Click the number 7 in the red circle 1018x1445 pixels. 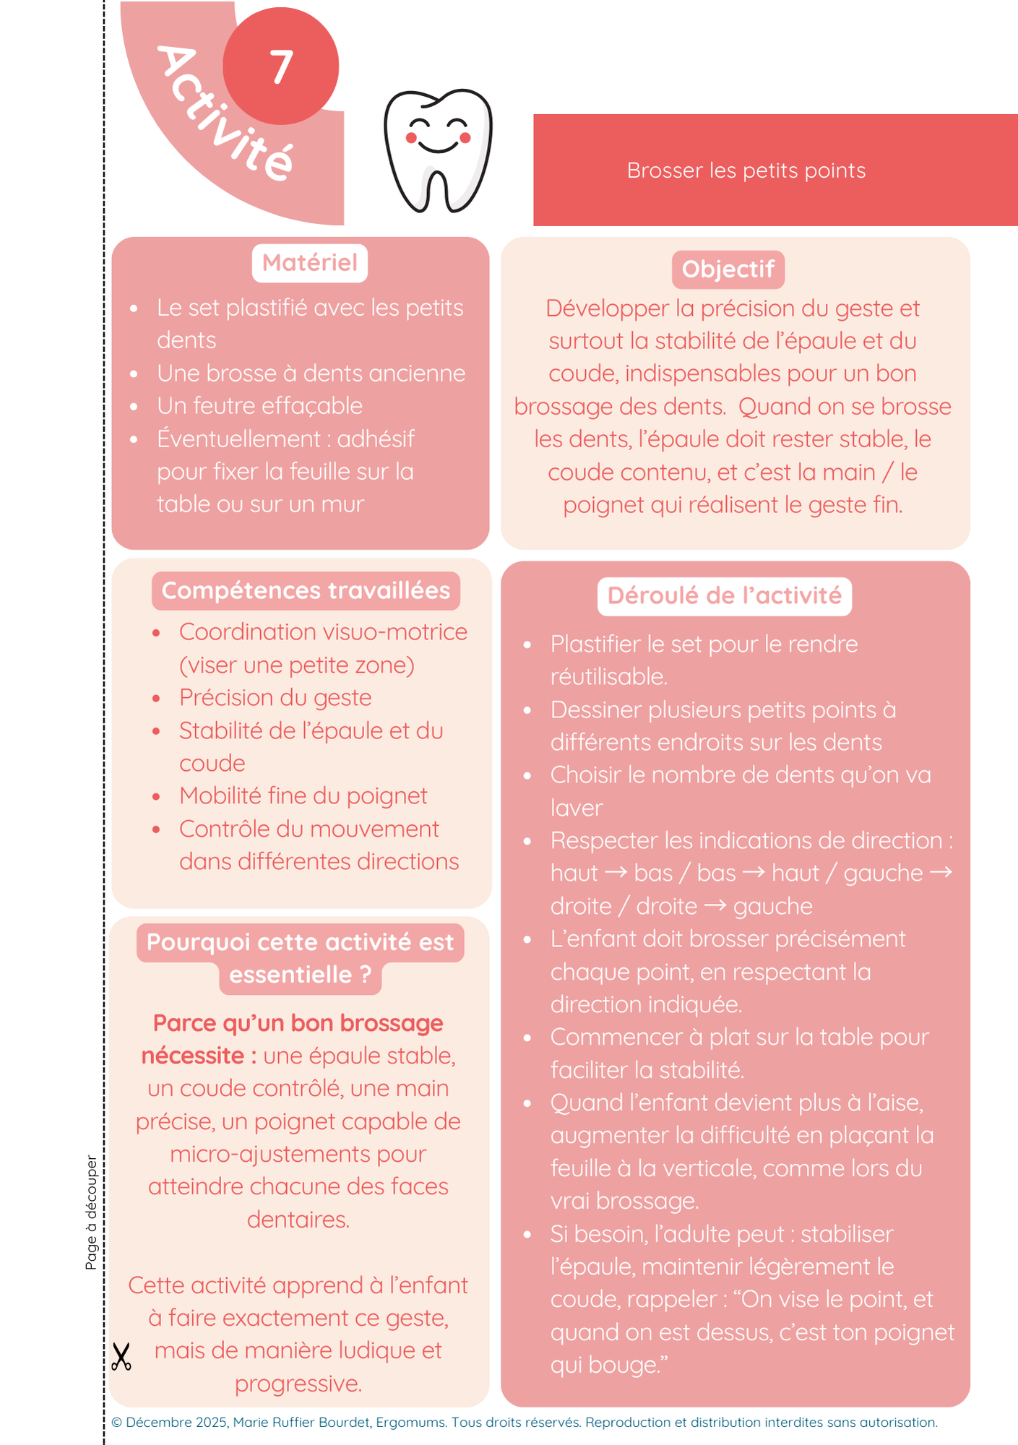coord(281,67)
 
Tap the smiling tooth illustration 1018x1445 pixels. coord(438,151)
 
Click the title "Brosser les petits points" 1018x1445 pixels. coord(746,171)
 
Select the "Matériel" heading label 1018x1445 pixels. coord(309,263)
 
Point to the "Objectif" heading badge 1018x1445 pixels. coord(728,269)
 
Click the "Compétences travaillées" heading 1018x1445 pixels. coord(306,591)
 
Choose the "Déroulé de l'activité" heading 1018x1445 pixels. coord(724,596)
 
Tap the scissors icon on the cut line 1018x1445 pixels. coord(121,1357)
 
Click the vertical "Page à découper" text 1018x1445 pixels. coord(91,1212)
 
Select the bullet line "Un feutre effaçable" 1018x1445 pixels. coord(259,406)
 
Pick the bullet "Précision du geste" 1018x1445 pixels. coord(275,698)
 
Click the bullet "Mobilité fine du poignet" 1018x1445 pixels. coord(303,796)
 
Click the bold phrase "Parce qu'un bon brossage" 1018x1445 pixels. coord(298,1024)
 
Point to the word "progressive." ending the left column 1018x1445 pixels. coord(298,1384)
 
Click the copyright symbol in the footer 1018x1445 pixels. coord(116,1423)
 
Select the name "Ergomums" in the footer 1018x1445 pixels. coord(410,1423)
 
